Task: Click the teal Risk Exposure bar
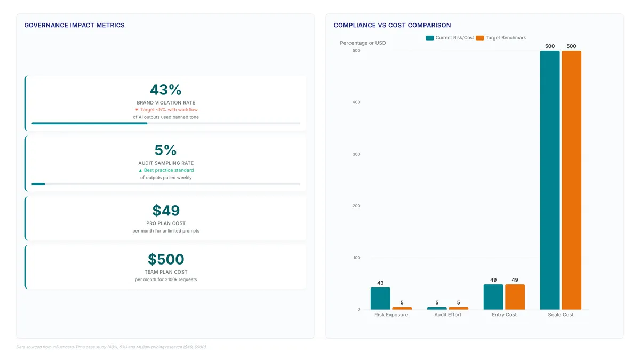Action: coord(380,298)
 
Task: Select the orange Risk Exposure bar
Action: coord(402,308)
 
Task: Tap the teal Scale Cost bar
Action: coord(550,180)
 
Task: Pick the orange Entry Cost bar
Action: coord(515,297)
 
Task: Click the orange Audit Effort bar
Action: coord(458,308)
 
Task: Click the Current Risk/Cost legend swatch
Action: coord(430,38)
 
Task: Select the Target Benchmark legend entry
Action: coord(501,38)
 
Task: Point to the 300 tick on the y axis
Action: coord(356,154)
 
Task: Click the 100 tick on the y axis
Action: coord(357,258)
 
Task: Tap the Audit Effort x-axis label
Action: coord(447,315)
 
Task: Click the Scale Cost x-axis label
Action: coord(561,315)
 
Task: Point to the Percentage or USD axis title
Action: coord(363,43)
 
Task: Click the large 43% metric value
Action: coord(166,90)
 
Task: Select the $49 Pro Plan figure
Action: coord(166,211)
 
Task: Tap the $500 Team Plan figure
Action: coord(166,259)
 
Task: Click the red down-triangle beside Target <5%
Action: coord(137,110)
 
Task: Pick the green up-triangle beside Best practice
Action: coord(140,170)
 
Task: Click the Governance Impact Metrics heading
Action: coord(74,25)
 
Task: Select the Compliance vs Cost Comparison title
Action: coord(393,25)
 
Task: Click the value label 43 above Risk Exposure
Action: coord(380,283)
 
